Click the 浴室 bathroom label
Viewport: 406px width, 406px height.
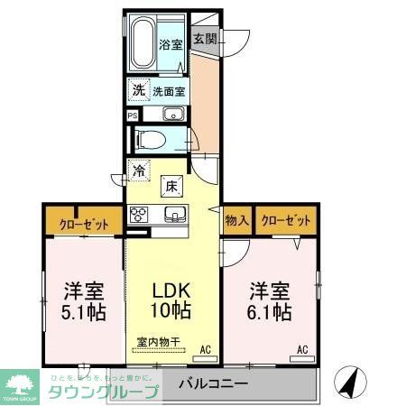(171, 43)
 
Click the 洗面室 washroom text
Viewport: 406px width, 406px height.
(168, 90)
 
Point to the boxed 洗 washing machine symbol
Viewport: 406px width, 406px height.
(138, 90)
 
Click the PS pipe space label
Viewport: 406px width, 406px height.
(133, 115)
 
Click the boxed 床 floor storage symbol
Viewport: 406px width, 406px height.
(171, 187)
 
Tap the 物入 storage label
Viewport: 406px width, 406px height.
(237, 220)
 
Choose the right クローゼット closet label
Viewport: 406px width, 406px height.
(286, 220)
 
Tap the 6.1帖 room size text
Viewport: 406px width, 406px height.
(271, 312)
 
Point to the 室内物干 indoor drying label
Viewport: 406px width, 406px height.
(159, 342)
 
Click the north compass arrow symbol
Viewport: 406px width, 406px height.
(347, 383)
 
